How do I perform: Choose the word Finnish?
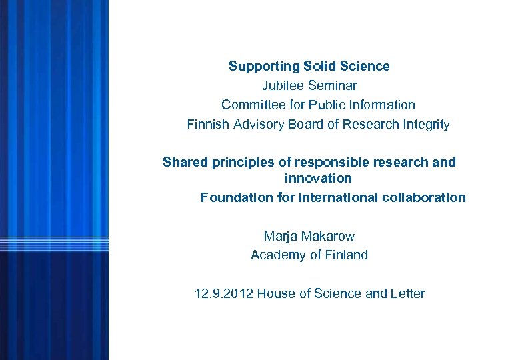[207, 124]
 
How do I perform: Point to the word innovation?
[317, 179]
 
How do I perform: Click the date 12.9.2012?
[223, 293]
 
